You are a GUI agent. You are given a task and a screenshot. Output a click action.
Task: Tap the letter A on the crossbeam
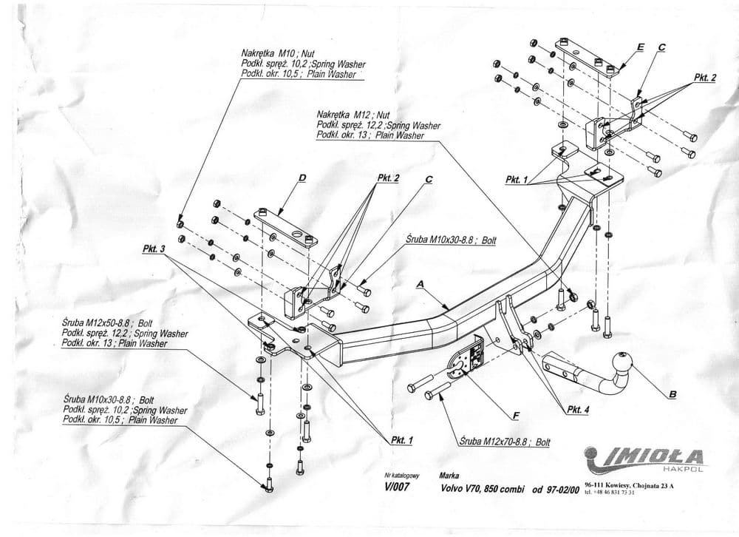pos(420,283)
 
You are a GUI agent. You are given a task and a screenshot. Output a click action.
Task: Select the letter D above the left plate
pos(302,177)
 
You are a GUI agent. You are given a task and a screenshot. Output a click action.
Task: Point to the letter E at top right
pos(640,47)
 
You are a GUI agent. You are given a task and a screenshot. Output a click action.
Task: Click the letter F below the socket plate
pos(515,415)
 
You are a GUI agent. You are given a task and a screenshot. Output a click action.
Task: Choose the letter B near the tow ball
pos(672,394)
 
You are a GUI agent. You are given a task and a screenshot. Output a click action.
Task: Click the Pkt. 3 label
pos(153,249)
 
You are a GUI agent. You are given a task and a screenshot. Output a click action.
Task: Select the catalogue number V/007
pos(397,487)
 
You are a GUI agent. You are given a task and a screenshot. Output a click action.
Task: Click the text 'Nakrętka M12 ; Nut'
pos(353,115)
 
